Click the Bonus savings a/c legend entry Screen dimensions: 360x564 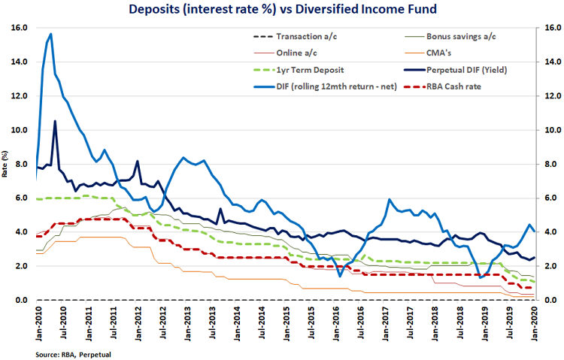click(x=461, y=36)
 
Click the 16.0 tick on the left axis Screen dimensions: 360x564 click(x=20, y=28)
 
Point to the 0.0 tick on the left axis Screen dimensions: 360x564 click(x=22, y=301)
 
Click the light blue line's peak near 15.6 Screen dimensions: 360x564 click(x=50, y=34)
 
